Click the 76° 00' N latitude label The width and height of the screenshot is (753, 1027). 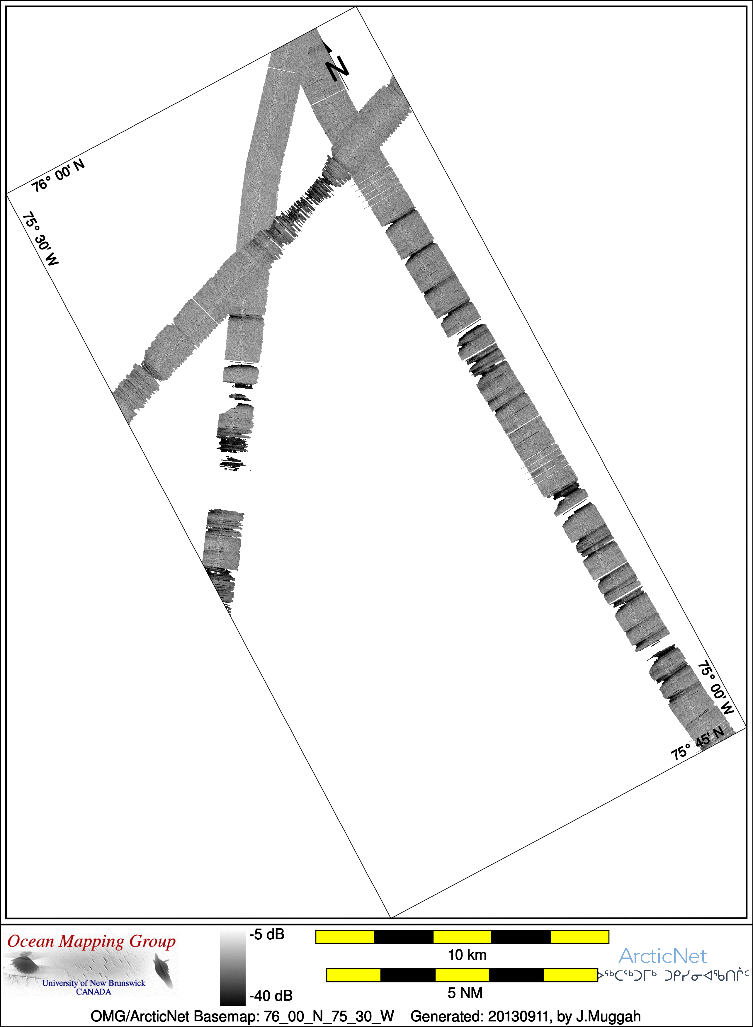point(58,176)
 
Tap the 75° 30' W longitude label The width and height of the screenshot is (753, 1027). point(40,238)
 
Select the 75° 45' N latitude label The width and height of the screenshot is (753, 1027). point(697,743)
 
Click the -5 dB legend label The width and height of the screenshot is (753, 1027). point(267,934)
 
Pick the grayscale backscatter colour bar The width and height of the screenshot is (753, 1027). point(232,968)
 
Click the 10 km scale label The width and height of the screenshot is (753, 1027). point(467,955)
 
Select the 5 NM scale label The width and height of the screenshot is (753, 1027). point(465,992)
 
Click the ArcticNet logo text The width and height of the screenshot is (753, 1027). point(662,956)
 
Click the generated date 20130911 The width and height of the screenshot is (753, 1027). point(518,1016)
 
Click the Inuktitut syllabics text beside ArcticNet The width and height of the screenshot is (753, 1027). point(674,975)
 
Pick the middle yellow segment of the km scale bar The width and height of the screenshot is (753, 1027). point(462,937)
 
